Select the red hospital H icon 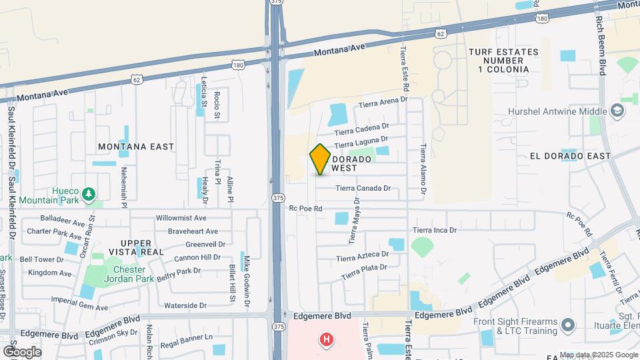pyautogui.click(x=326, y=340)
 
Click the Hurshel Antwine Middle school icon pyautogui.click(x=617, y=111)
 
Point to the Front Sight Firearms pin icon pyautogui.click(x=567, y=325)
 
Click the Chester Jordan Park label pyautogui.click(x=125, y=274)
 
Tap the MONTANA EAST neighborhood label pyautogui.click(x=135, y=147)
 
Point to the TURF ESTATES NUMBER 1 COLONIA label pyautogui.click(x=499, y=60)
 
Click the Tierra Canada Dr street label pyautogui.click(x=363, y=189)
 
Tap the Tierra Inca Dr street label pyautogui.click(x=434, y=231)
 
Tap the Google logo pyautogui.click(x=21, y=351)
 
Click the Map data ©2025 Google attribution pyautogui.click(x=598, y=355)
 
